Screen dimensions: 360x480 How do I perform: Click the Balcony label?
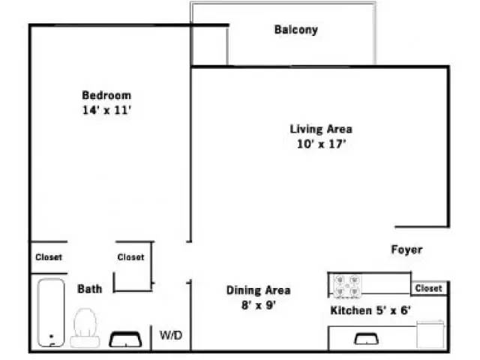coord(295,30)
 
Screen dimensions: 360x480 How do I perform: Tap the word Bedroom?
coord(106,95)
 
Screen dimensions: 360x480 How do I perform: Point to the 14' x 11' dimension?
coord(106,109)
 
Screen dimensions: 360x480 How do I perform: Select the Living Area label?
coord(321,129)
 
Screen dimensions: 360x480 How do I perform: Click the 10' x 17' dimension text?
coord(321,144)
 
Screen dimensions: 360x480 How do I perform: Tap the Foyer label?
coord(406,250)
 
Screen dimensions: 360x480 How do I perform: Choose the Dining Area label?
coord(258,290)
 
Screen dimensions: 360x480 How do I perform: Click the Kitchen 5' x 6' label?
coord(370,310)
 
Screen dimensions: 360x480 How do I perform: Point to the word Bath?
coord(89,288)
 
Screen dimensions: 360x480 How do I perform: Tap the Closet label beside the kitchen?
coord(428,288)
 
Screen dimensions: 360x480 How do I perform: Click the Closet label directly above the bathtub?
coord(49,257)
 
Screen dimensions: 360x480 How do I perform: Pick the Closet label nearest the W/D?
coord(130,257)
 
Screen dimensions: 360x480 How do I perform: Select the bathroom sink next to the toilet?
coord(125,340)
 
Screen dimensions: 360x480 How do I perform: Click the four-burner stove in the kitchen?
coord(346,285)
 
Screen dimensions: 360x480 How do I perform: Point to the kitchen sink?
coord(366,339)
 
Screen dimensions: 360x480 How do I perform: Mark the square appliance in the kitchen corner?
coord(431,334)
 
